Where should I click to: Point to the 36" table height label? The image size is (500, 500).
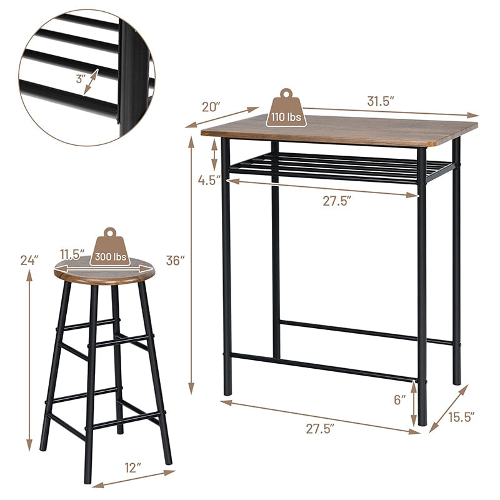(x=176, y=261)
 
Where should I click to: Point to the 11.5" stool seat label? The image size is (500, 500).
(x=72, y=254)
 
